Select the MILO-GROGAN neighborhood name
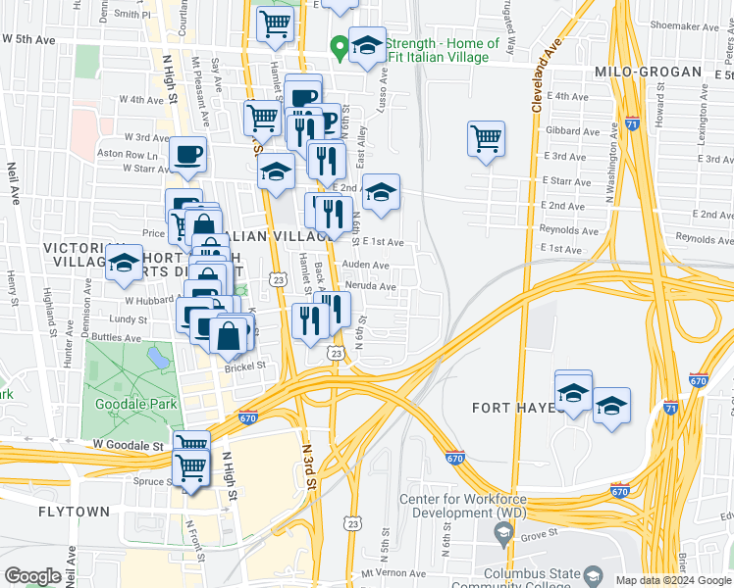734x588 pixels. (648, 73)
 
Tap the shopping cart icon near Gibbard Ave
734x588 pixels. (486, 138)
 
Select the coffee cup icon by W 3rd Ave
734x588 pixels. (187, 153)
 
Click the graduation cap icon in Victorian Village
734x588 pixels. (124, 263)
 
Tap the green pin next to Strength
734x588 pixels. (340, 45)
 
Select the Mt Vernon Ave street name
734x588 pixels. (393, 573)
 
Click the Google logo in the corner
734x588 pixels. (33, 576)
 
